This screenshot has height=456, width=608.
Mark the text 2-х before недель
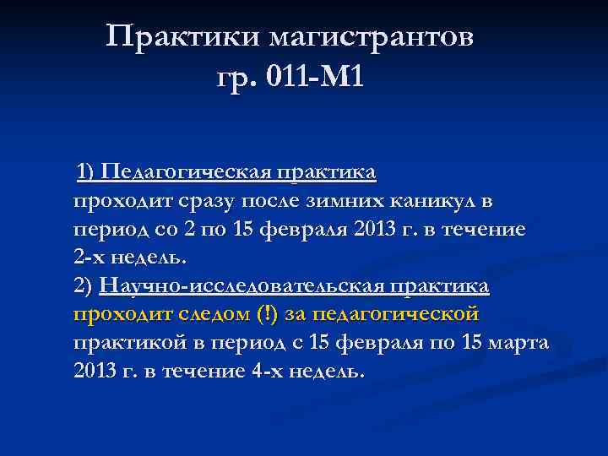[90, 257]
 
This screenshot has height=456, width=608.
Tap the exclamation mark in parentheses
[267, 314]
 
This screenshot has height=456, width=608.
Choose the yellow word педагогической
[394, 314]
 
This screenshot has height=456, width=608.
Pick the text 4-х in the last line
[267, 372]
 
